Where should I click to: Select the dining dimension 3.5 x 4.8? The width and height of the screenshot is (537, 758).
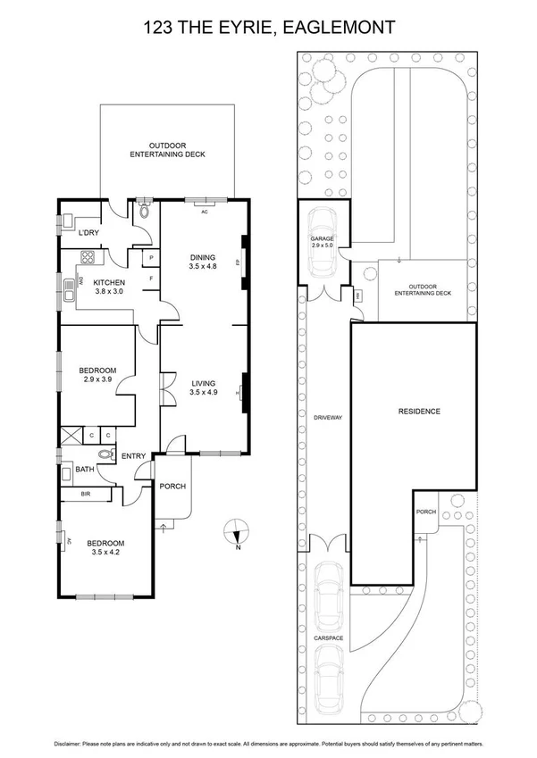point(204,266)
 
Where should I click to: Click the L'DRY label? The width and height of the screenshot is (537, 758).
point(88,234)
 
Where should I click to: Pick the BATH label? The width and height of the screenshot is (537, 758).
point(85,470)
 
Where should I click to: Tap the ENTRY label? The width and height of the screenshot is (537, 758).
point(133,457)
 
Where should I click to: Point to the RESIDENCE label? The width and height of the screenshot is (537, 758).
point(419,412)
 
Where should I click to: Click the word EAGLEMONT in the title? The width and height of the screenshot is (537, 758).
point(342,28)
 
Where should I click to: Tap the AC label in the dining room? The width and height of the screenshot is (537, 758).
point(204,212)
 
